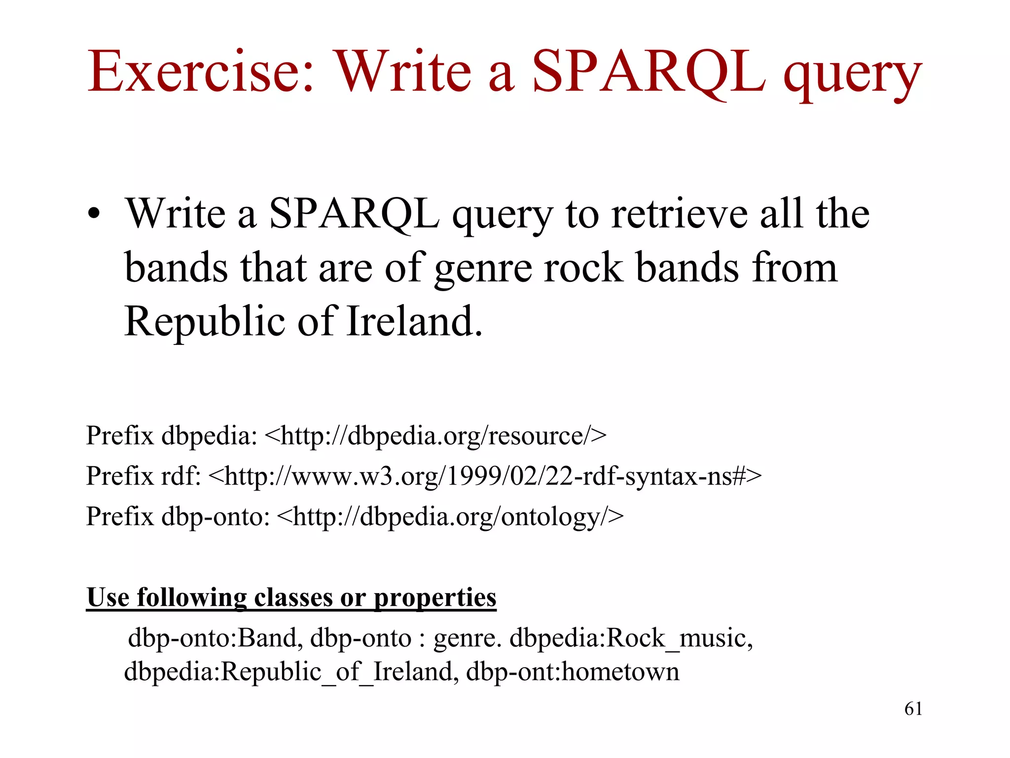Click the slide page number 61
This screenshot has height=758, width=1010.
(x=913, y=709)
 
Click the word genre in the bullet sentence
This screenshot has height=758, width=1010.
(x=483, y=269)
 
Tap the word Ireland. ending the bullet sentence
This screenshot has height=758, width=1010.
(x=414, y=321)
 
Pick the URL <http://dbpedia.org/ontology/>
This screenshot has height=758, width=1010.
(x=450, y=517)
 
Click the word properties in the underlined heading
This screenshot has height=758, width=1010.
(x=434, y=598)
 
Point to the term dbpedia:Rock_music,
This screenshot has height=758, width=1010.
(x=631, y=638)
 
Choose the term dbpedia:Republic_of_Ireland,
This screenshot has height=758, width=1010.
(x=291, y=672)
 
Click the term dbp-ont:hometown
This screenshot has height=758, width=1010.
(x=573, y=672)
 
